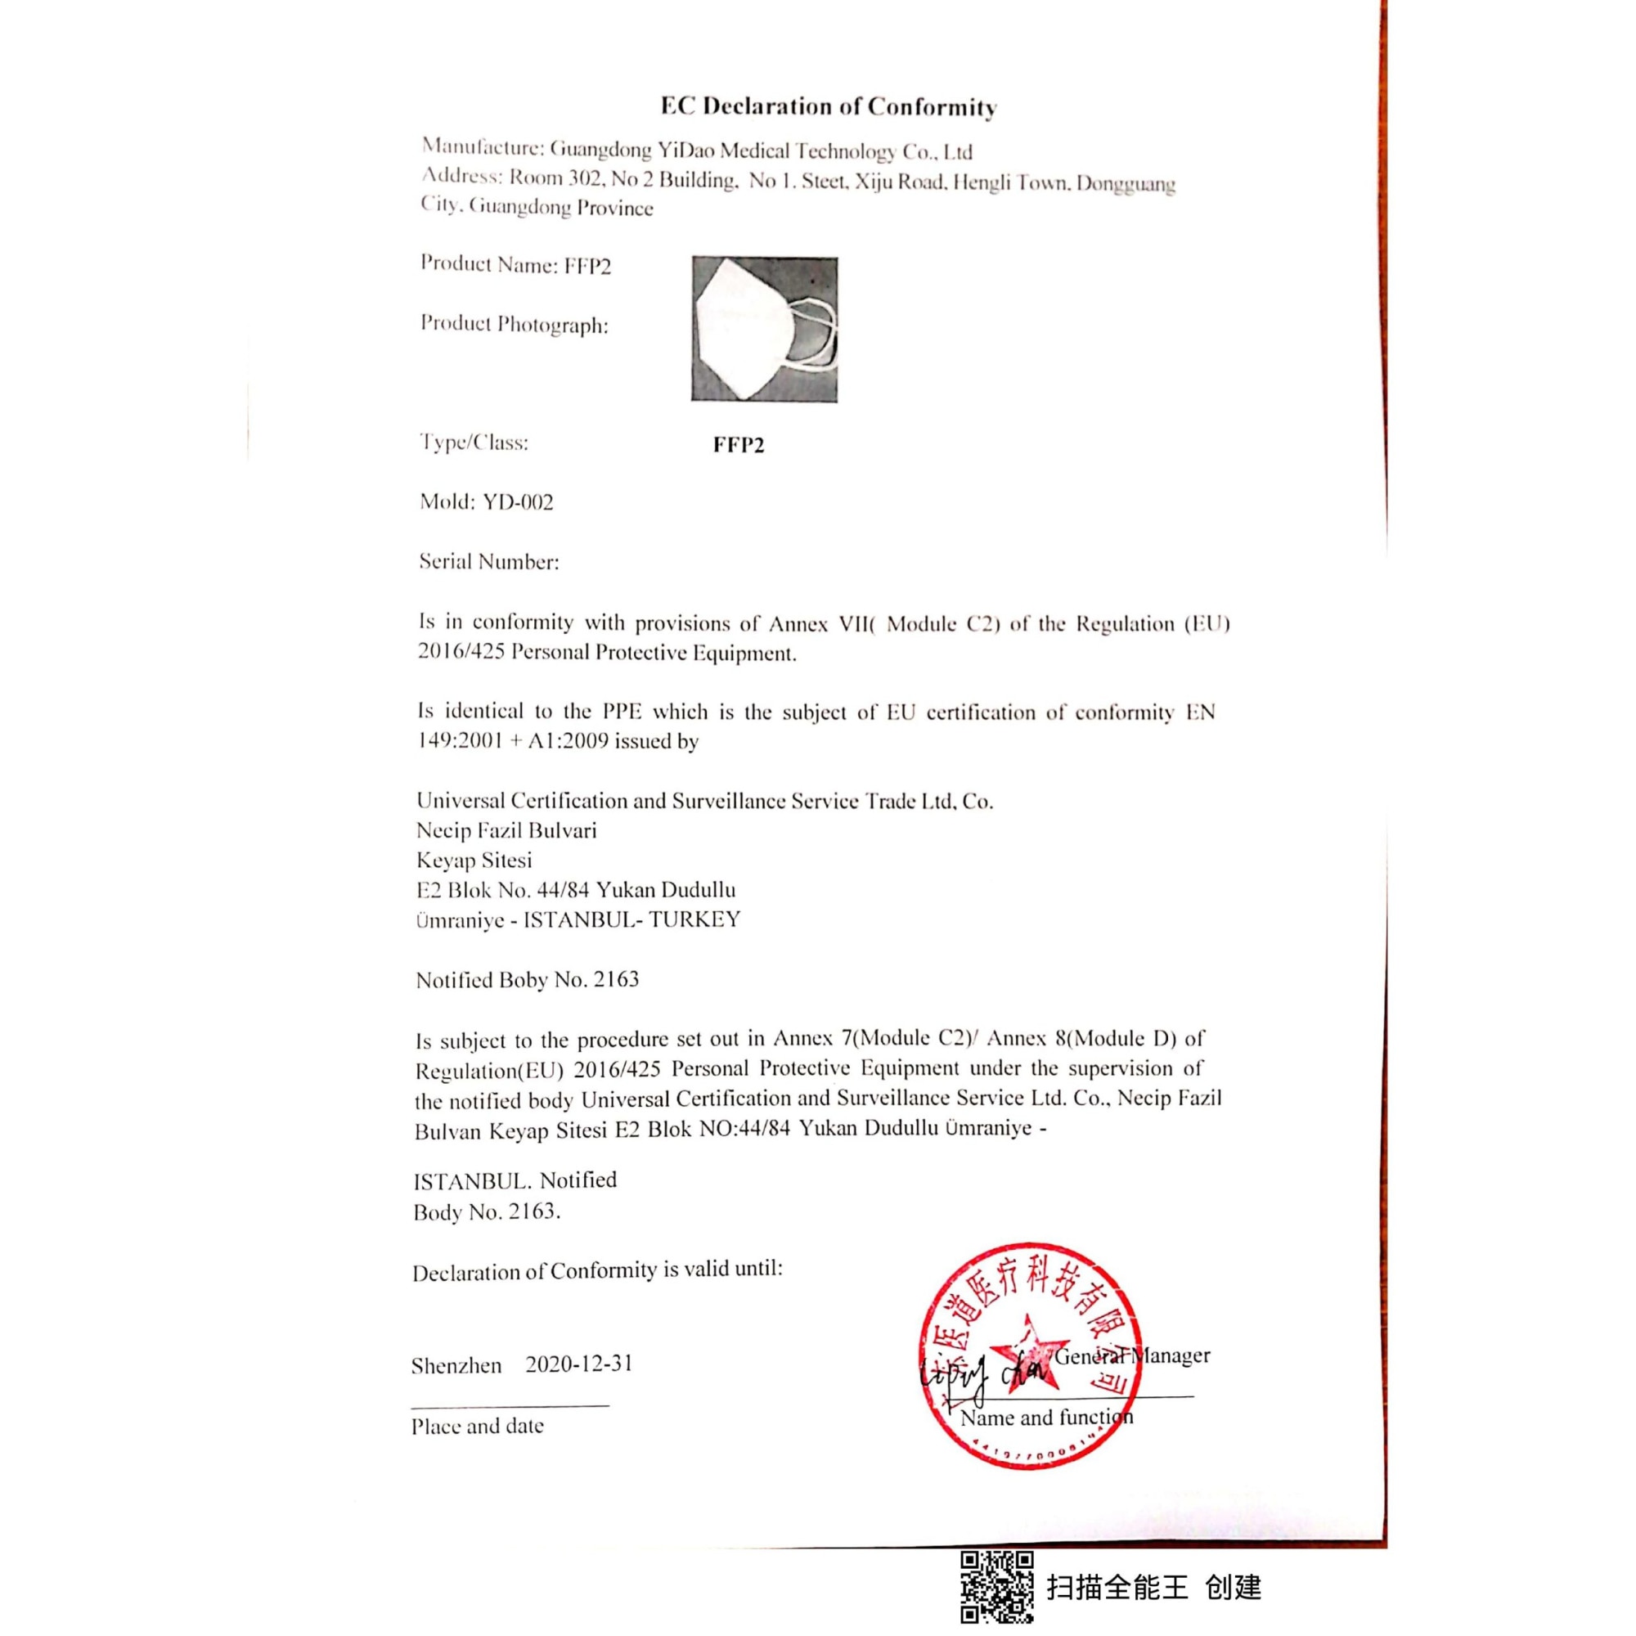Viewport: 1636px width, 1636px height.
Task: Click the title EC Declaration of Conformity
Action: click(x=828, y=106)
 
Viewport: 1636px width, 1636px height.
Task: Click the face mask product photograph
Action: click(x=764, y=330)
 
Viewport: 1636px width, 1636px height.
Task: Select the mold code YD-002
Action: click(x=518, y=502)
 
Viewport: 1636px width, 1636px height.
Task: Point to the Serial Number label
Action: click(x=488, y=561)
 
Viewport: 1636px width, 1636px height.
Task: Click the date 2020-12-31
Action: click(x=578, y=1364)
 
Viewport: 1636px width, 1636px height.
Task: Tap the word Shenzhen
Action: click(x=456, y=1366)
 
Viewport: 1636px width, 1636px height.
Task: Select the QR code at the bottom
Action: click(x=996, y=1587)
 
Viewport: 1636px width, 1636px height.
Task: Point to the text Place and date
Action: click(x=478, y=1426)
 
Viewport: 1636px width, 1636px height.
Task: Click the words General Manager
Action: click(x=1132, y=1355)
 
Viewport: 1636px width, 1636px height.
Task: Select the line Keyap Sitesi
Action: click(x=474, y=861)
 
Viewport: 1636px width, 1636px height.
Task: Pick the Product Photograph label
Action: click(x=514, y=324)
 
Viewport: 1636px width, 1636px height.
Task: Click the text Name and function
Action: click(x=1045, y=1418)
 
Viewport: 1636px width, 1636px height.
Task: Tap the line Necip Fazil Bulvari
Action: click(x=506, y=831)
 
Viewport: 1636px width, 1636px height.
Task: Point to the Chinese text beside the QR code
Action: click(x=1153, y=1587)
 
